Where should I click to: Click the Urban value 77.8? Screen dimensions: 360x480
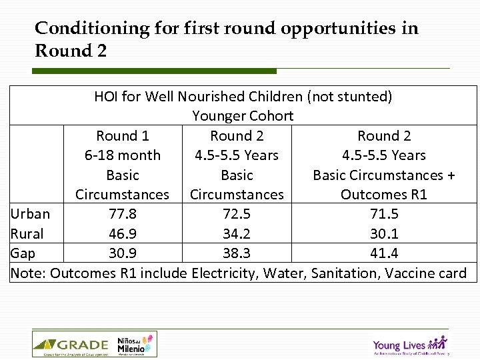122,214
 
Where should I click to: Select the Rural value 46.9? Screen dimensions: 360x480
122,234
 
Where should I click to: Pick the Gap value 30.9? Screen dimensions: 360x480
122,253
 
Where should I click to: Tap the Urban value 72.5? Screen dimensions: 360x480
237,214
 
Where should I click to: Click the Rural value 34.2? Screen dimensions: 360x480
237,234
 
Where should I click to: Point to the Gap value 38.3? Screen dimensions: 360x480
237,253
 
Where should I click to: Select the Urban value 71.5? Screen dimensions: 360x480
384,214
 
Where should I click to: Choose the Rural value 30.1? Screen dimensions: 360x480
384,234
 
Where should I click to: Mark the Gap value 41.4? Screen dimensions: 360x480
384,253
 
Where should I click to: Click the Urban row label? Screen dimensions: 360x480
30,214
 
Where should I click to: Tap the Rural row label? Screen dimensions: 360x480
27,234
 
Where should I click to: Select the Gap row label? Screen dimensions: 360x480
23,253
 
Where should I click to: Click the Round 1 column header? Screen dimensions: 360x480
122,136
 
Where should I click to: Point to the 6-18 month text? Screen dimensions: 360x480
122,155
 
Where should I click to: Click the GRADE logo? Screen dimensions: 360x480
71,345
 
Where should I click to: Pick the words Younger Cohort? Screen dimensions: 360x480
243,116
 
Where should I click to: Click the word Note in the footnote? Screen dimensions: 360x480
27,273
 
